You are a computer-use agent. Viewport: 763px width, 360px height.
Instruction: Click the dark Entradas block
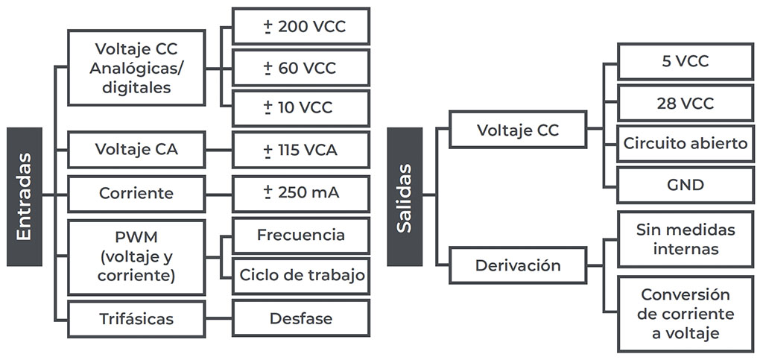24,197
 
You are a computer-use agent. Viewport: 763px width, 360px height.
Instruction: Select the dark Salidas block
405,197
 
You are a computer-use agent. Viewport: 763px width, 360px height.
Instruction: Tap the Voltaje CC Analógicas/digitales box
136,68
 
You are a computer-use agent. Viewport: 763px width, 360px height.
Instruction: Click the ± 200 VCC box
300,28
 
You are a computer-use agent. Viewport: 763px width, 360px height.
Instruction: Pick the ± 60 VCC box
300,69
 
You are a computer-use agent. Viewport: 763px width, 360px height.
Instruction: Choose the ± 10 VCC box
300,107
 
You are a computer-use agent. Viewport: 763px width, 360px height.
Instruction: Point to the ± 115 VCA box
300,150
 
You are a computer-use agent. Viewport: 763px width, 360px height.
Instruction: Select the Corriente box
136,193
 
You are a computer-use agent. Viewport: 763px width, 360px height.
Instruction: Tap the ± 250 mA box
300,193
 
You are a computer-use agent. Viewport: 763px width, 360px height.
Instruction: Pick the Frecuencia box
300,236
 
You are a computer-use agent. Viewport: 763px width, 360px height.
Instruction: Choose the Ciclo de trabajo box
300,275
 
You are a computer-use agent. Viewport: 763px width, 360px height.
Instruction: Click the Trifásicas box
136,319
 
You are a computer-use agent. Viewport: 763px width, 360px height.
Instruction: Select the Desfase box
300,319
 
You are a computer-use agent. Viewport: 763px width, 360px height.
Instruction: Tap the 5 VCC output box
685,62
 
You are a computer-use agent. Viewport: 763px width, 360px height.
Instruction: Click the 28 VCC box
685,103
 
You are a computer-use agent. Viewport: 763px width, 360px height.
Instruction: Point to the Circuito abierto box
685,143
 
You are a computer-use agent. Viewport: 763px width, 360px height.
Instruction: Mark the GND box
685,184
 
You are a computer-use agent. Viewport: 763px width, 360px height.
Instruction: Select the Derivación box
519,265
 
